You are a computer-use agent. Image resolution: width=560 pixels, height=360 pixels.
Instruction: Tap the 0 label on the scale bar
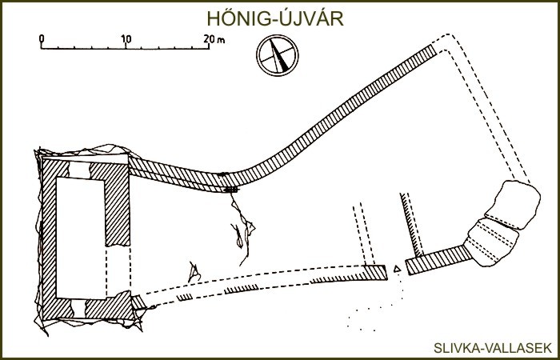coord(42,38)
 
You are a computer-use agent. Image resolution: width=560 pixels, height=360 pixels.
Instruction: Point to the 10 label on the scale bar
coord(126,38)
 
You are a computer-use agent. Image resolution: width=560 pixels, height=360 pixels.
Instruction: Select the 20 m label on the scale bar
coord(214,38)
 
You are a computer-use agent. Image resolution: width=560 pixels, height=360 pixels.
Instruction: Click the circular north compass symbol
coord(277,55)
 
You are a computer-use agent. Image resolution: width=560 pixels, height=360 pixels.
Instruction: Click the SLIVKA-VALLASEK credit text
coord(493,348)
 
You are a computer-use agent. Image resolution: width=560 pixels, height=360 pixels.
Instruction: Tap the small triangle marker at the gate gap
coord(397,269)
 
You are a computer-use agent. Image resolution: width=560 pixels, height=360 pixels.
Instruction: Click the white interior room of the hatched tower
coord(80,238)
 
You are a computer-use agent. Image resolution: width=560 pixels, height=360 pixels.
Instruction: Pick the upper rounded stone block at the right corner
coord(513,204)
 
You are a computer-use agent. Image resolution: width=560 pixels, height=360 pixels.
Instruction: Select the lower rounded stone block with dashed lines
coord(491,242)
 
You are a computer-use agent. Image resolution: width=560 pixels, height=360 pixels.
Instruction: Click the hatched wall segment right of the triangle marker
coord(438,260)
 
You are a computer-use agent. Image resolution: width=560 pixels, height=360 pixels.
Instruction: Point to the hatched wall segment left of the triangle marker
coord(375,273)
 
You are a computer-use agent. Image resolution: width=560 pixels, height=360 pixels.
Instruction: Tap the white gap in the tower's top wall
coord(79,170)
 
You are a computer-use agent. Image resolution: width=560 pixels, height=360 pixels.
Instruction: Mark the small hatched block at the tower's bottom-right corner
coord(138,303)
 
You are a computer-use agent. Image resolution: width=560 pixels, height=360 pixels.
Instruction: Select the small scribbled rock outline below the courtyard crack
coord(194,272)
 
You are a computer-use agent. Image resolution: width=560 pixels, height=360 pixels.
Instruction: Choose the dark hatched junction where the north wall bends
coord(230,190)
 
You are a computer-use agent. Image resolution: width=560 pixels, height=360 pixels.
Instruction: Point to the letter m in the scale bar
coord(222,40)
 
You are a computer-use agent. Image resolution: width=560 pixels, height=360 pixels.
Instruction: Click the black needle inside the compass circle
coord(278,55)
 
